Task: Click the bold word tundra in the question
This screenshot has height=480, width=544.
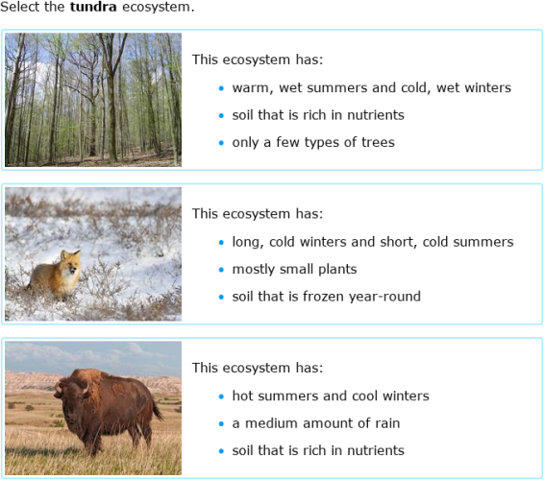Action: click(x=92, y=7)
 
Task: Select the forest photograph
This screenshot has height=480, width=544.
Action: click(x=92, y=100)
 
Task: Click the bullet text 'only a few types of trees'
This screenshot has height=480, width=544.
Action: click(x=312, y=142)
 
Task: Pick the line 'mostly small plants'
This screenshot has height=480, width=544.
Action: click(x=294, y=269)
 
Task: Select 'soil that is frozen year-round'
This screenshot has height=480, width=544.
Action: click(x=326, y=297)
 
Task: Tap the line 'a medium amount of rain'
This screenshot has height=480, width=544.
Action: click(x=315, y=423)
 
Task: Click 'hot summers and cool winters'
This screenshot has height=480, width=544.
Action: click(x=330, y=396)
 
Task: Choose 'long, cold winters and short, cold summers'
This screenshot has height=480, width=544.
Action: click(x=372, y=242)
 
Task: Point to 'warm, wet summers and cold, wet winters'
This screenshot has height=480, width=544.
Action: click(x=371, y=87)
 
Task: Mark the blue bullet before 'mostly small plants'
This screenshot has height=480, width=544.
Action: click(x=220, y=270)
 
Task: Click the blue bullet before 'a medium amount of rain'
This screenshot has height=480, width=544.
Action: click(x=220, y=424)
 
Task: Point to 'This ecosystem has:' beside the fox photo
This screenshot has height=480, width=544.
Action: click(x=257, y=213)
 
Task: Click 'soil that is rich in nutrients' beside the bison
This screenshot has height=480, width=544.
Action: click(x=317, y=450)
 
